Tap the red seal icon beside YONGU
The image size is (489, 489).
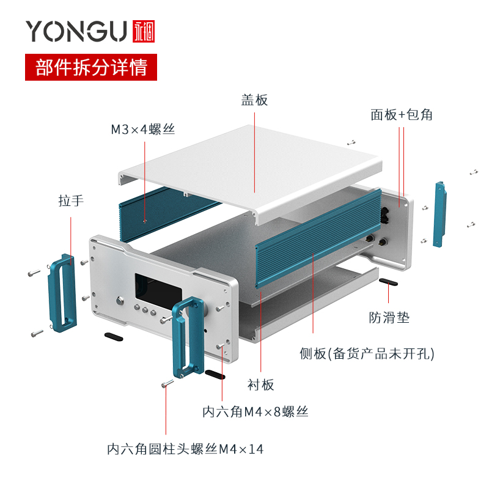click(x=144, y=31)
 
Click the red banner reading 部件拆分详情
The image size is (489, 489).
click(x=91, y=67)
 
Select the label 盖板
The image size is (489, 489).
click(x=254, y=100)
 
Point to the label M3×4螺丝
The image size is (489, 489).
click(x=142, y=129)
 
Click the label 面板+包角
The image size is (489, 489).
click(x=401, y=114)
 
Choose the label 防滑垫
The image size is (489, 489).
click(x=389, y=317)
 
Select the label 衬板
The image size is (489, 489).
click(x=261, y=384)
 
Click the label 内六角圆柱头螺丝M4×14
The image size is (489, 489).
click(x=185, y=449)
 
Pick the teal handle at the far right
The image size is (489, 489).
click(x=439, y=214)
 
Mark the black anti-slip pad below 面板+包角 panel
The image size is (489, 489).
click(x=388, y=281)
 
